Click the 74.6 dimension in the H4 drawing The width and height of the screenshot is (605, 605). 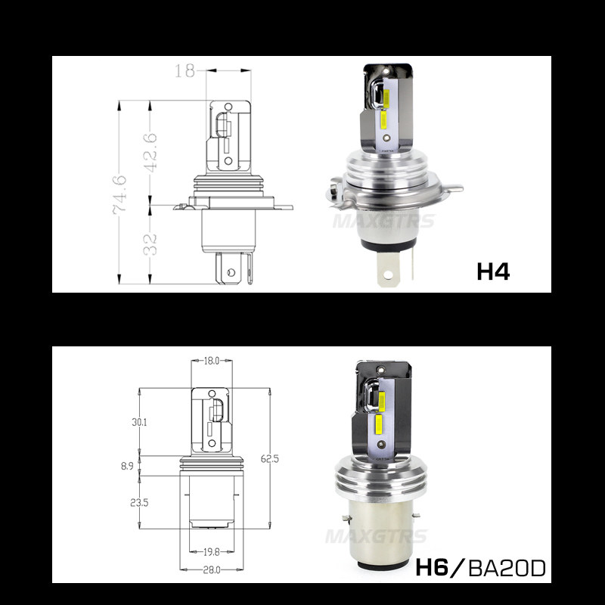pos(119,194)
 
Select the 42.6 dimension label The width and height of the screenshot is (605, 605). pos(150,153)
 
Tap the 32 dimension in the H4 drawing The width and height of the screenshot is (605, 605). pos(150,244)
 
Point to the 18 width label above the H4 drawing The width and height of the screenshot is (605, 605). pos(185,70)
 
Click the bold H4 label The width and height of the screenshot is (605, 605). pos(493,271)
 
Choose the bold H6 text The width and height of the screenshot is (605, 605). pos(432,568)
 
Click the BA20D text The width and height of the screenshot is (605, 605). pos(507,568)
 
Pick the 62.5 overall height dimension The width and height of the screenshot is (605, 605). pos(270,459)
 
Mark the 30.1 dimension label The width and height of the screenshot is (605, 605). pos(139,422)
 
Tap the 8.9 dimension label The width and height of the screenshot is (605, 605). pos(127,466)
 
